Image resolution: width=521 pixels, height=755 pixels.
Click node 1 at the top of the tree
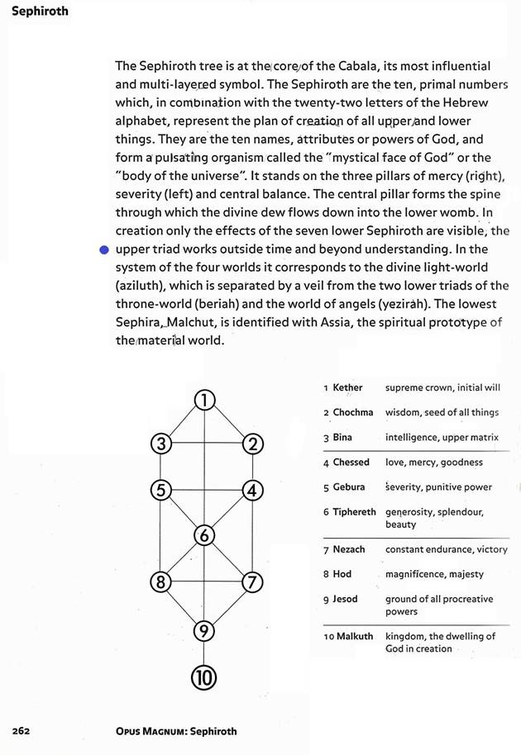point(204,401)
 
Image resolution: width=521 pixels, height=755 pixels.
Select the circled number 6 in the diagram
point(204,535)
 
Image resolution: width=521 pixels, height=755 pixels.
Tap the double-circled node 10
point(204,677)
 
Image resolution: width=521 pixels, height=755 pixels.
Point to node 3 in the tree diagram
point(162,444)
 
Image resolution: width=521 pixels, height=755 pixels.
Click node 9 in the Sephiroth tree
point(204,632)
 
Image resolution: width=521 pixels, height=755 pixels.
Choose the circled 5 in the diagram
point(162,490)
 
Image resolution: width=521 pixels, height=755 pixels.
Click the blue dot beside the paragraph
point(103,249)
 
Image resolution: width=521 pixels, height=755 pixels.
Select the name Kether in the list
point(347,387)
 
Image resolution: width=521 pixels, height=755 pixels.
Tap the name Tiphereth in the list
point(354,512)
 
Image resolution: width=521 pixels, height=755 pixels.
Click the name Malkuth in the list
point(355,636)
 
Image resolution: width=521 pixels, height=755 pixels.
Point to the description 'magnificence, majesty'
point(434,574)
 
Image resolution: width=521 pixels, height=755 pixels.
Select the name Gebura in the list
point(348,487)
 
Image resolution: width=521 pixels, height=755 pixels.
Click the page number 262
point(22,731)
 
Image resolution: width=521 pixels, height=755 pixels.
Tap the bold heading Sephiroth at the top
point(40,12)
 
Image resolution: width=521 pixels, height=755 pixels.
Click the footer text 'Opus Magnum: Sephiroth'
point(176,731)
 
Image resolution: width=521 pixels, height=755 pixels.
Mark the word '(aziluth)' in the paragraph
point(142,286)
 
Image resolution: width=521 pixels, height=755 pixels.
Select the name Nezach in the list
point(348,549)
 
